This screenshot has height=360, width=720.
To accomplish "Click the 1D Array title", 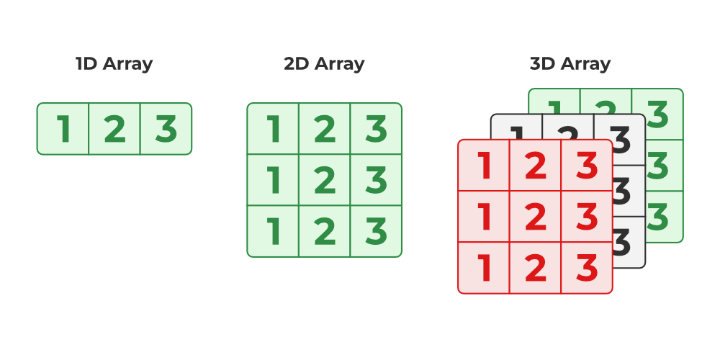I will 114,63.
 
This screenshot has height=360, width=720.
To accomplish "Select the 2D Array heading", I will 324,63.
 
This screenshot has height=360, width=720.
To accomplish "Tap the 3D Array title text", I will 570,63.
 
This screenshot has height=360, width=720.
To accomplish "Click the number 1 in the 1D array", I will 63,129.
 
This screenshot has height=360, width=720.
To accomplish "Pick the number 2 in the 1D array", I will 114,129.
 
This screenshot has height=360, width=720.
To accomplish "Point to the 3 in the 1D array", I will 166,129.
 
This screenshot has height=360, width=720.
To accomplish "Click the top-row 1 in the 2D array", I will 274,129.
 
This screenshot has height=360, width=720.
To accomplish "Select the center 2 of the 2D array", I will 325,180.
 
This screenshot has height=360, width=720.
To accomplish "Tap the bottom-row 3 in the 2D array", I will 376,231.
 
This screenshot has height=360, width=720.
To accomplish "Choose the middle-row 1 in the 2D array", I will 274,180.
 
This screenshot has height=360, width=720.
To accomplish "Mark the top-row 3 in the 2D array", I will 376,129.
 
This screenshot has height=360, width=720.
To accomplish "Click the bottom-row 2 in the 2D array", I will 325,231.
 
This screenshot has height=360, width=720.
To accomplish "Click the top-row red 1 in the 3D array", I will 484,166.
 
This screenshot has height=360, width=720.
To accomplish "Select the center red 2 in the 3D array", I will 535,217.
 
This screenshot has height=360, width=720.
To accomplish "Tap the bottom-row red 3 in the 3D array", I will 587,268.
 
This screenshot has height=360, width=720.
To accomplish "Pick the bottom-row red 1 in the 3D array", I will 484,268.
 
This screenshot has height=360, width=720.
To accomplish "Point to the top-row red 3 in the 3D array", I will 587,166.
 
